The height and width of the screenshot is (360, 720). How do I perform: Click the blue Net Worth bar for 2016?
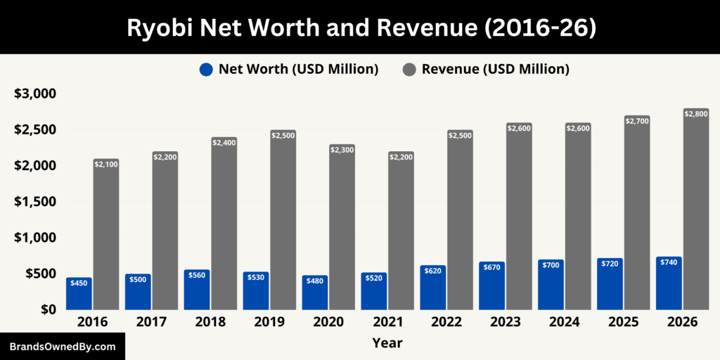click(79, 294)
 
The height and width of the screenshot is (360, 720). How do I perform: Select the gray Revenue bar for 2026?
click(696, 211)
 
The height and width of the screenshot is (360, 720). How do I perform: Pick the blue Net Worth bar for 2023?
click(492, 286)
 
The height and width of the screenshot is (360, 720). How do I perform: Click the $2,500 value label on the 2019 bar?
click(283, 135)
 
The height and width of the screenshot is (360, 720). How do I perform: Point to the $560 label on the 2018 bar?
click(197, 276)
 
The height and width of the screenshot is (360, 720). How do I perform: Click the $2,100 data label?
click(106, 164)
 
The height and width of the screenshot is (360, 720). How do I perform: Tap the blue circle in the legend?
click(206, 69)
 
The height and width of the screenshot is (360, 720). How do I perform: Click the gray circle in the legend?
click(409, 69)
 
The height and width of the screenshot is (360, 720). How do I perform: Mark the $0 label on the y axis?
click(48, 309)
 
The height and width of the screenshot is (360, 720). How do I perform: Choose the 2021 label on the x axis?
click(387, 322)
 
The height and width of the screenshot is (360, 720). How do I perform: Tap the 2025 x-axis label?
click(623, 322)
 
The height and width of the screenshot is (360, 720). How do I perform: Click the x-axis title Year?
click(387, 343)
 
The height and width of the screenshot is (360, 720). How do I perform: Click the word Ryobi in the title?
click(157, 27)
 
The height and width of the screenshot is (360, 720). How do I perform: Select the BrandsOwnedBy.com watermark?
click(63, 347)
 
